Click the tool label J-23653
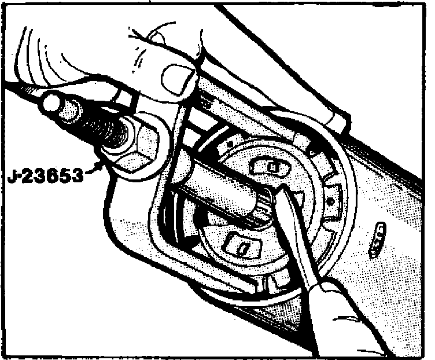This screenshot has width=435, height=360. [46, 172]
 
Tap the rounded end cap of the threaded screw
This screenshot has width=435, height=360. [53, 104]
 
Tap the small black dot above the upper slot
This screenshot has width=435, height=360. [232, 141]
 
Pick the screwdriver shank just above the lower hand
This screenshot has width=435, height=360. [307, 255]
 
